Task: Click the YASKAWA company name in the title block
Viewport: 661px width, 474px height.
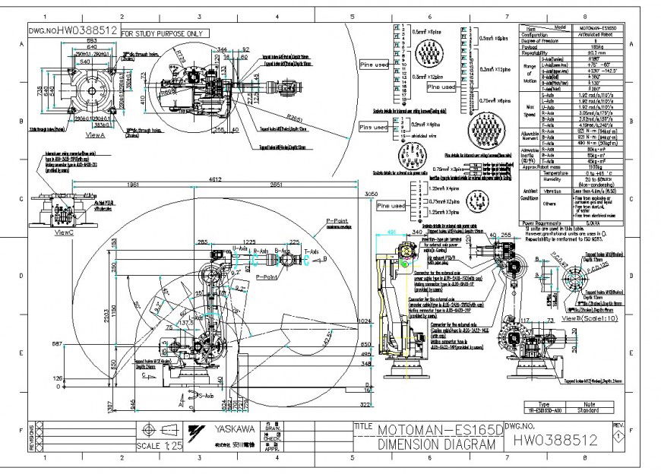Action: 235,428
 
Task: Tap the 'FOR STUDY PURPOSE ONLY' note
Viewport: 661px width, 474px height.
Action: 163,33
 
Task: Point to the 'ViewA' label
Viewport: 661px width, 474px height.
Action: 96,134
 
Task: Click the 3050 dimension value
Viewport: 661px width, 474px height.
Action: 372,195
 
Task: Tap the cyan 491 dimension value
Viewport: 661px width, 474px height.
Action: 391,232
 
